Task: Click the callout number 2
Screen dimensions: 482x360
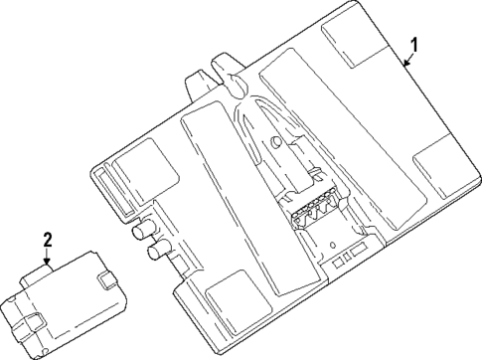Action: tap(46, 238)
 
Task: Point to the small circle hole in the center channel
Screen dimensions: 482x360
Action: tap(273, 142)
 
